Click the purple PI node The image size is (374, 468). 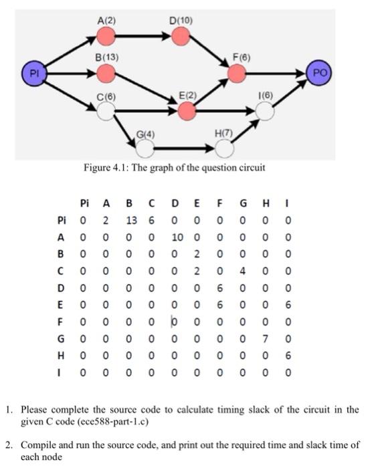point(35,70)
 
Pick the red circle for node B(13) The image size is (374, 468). point(106,72)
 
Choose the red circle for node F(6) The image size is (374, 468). point(236,72)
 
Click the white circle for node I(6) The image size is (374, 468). point(266,112)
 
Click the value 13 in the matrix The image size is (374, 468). point(130,221)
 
